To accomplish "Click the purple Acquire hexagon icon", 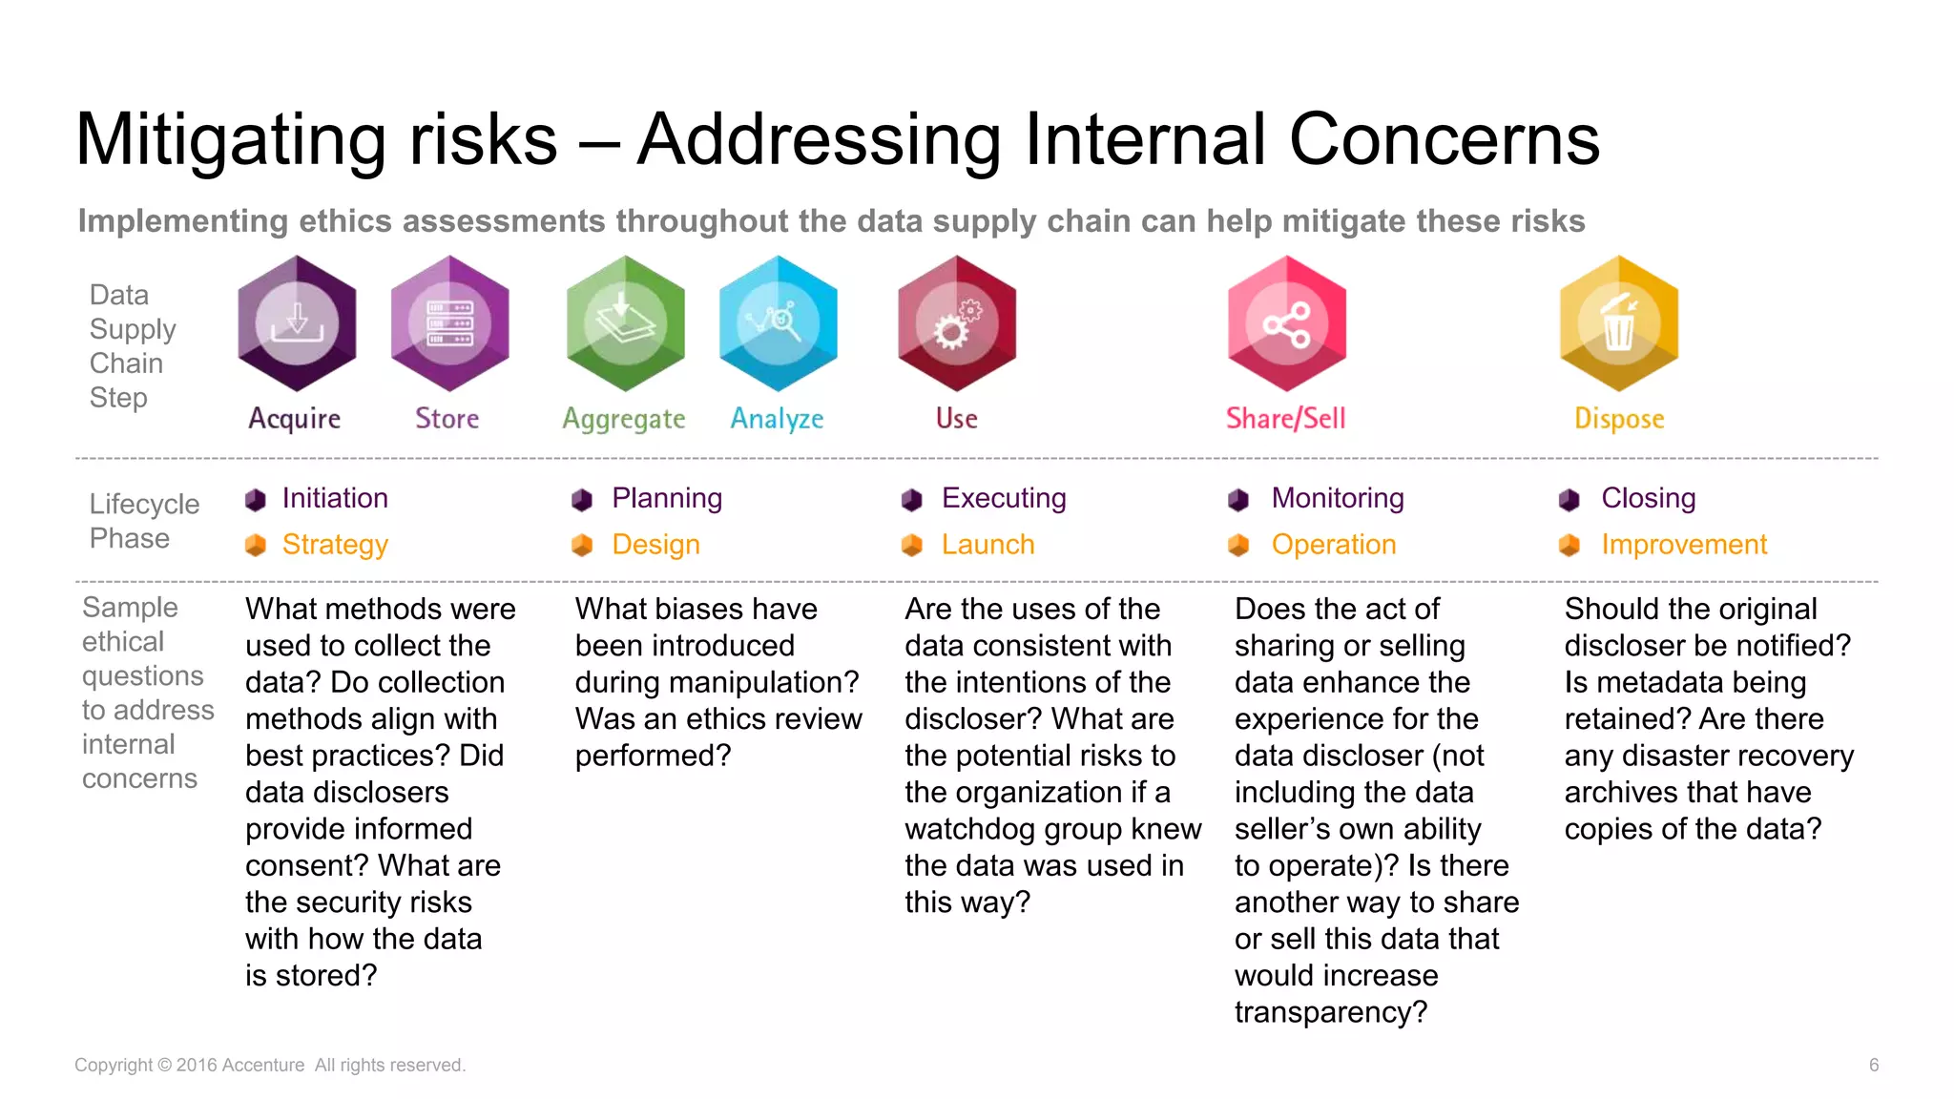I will coord(297,323).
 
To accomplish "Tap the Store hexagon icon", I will coord(449,323).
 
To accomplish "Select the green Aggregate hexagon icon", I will coord(625,323).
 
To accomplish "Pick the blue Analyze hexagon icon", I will coord(779,323).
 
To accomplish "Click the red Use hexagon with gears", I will coord(957,323).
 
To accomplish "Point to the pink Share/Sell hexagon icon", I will coord(1286,323).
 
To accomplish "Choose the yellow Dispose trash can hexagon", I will coord(1619,323).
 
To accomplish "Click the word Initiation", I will coord(335,498).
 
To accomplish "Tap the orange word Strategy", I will coord(335,545).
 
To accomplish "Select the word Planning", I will coord(667,498).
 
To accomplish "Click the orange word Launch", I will coord(987,545).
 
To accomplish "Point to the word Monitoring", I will coord(1338,498).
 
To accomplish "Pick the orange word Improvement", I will coord(1684,545).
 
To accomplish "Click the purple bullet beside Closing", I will coord(1569,500).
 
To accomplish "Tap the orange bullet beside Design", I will coord(582,546).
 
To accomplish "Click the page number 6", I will coord(1874,1065).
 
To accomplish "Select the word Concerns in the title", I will coord(1444,139).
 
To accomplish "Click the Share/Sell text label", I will coord(1285,418).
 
